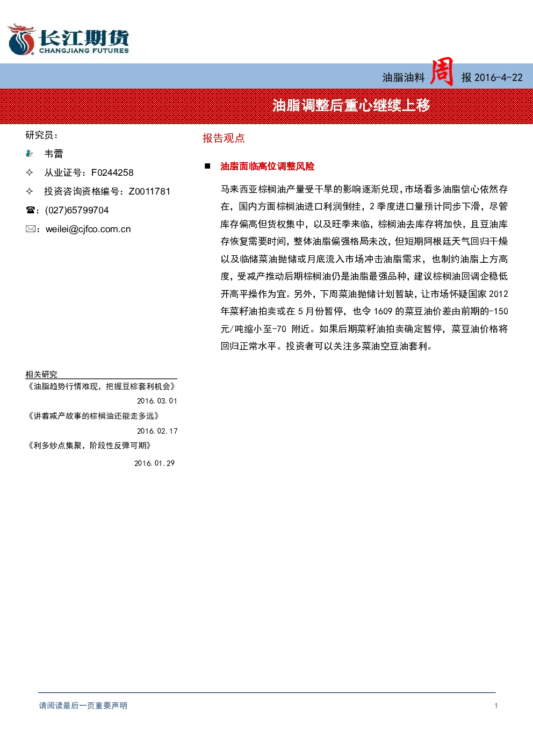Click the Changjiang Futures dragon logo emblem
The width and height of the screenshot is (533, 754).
click(21, 39)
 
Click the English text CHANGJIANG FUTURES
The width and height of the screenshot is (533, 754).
click(84, 51)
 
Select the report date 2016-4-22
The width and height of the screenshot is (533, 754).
click(498, 78)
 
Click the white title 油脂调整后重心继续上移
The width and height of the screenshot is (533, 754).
click(351, 105)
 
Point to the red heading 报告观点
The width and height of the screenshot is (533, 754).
click(224, 138)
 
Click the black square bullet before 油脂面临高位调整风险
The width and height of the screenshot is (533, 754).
click(207, 166)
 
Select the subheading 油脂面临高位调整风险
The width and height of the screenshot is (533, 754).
click(268, 166)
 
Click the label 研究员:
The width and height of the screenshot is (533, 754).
click(41, 135)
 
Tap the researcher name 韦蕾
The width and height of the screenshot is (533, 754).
click(54, 154)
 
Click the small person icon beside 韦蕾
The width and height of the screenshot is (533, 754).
click(30, 154)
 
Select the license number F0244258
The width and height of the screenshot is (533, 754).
click(112, 173)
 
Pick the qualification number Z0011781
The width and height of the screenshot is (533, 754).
click(149, 191)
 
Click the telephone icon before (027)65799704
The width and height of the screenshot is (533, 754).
click(30, 210)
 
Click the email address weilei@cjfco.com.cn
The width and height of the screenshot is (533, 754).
click(88, 229)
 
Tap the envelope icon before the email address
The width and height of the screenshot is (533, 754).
click(30, 229)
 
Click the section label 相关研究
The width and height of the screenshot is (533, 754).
click(41, 374)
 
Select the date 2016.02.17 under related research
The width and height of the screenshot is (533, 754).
click(157, 431)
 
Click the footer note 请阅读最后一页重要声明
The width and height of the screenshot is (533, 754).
click(83, 706)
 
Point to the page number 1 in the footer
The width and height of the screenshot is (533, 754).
click(496, 706)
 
